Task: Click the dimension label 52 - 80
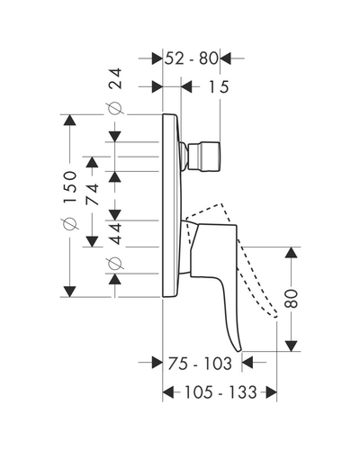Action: click(x=192, y=58)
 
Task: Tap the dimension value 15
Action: click(x=219, y=87)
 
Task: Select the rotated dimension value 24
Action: click(x=115, y=78)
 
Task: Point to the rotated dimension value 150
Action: click(x=70, y=187)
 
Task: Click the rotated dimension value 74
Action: click(x=92, y=194)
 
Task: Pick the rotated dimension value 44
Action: click(x=115, y=233)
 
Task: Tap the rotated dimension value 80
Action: click(x=291, y=299)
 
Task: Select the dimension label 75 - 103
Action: click(x=200, y=364)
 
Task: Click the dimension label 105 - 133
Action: click(x=220, y=392)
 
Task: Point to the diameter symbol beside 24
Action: click(x=115, y=109)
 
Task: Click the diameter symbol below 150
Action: click(x=69, y=224)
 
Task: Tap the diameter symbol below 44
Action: click(x=115, y=264)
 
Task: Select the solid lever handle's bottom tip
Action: click(x=238, y=350)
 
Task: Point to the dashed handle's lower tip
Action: click(x=275, y=316)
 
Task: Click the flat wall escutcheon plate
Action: click(x=171, y=206)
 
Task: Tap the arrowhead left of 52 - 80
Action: click(x=157, y=58)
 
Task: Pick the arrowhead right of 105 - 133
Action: click(x=271, y=392)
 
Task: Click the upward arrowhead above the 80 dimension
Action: click(x=291, y=253)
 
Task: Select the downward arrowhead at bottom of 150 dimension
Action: click(x=69, y=292)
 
